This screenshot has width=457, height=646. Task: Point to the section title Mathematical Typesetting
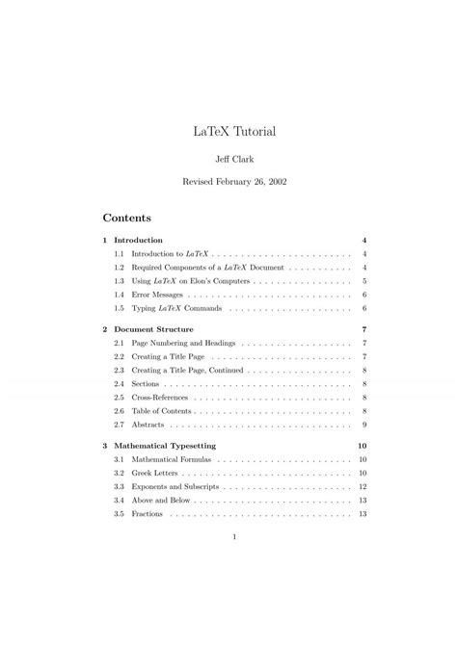coord(164,446)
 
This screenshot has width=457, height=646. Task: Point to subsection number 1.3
coord(119,280)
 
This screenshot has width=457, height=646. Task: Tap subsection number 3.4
coord(119,501)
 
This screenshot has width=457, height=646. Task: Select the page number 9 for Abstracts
coord(364,425)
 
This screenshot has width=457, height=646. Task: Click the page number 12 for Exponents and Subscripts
coord(363,487)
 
